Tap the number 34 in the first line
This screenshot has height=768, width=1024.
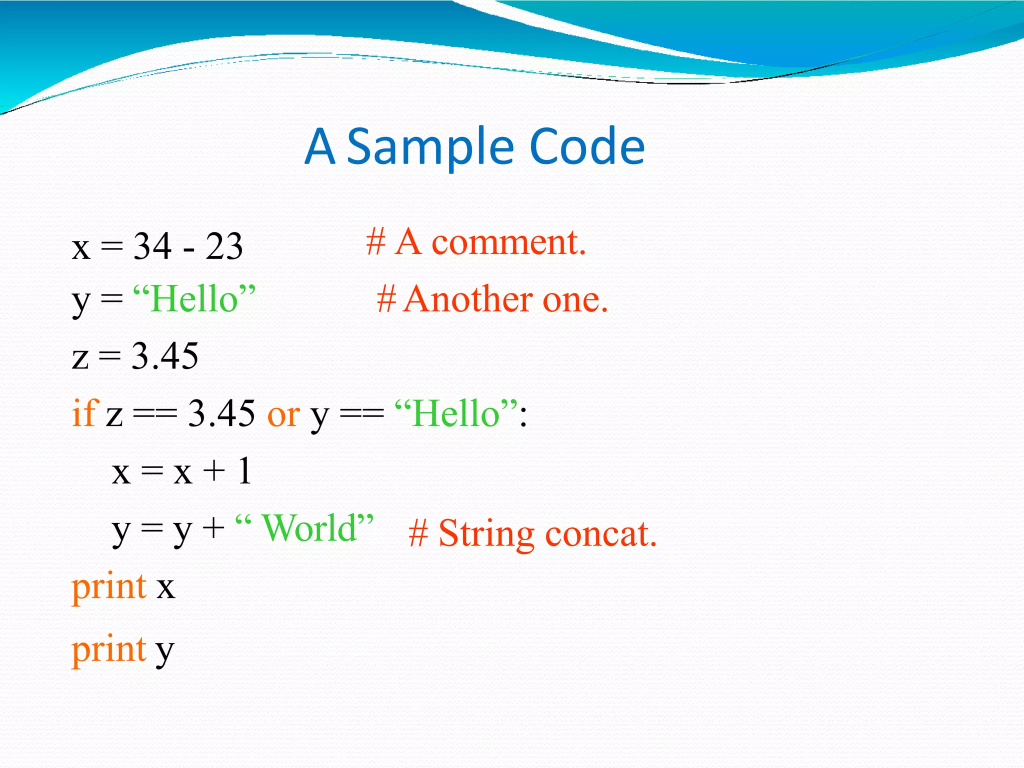tap(152, 246)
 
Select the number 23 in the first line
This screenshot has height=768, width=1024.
tap(224, 246)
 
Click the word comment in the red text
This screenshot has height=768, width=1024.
tap(508, 242)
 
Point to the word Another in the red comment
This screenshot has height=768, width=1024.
tap(468, 299)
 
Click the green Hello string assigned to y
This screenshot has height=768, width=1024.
tap(194, 299)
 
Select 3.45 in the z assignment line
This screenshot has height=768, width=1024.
tap(165, 356)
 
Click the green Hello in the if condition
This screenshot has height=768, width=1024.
tap(455, 414)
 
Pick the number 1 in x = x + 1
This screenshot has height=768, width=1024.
tap(244, 471)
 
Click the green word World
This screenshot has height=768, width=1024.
tap(310, 528)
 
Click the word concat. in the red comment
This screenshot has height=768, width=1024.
tap(600, 534)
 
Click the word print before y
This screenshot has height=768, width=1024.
tap(109, 650)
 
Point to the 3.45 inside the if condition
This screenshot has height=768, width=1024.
tap(221, 414)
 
